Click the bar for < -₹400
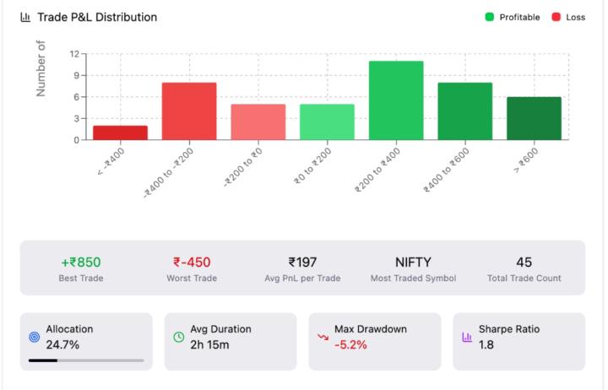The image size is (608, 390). pos(120,133)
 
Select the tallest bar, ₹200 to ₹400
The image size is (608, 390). pos(396,100)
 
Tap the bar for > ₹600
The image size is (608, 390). pos(534,118)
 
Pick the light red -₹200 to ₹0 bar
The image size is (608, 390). pos(258,122)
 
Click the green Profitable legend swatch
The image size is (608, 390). pos(490,17)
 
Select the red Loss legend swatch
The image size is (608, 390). pos(556,17)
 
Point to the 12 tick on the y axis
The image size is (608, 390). pos(74,54)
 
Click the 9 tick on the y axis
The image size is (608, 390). pos(75,75)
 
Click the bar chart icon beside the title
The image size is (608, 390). pos(25,17)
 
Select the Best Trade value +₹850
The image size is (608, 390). pos(81,262)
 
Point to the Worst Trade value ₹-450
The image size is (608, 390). pos(192,262)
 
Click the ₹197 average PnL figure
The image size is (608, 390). pos(302,262)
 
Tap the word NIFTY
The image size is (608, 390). pos(413,262)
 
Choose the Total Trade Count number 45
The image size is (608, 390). pos(524,262)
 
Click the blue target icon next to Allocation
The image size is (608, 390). pos(35,337)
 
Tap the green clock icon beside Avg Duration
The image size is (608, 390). pos(179,337)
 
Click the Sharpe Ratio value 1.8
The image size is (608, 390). pos(486,344)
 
